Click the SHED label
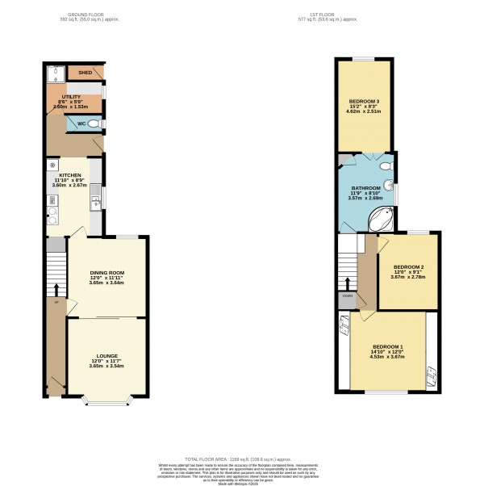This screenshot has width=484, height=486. tap(85, 73)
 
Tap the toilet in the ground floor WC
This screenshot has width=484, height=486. tap(94, 124)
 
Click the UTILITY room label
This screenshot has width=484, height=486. tap(71, 97)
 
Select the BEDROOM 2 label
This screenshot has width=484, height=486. tap(408, 267)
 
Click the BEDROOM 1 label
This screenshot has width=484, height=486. tap(388, 347)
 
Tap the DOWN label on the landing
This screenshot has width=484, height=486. tap(347, 296)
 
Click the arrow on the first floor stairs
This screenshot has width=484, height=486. tap(347, 282)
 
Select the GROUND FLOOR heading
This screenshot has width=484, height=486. tap(90, 15)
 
